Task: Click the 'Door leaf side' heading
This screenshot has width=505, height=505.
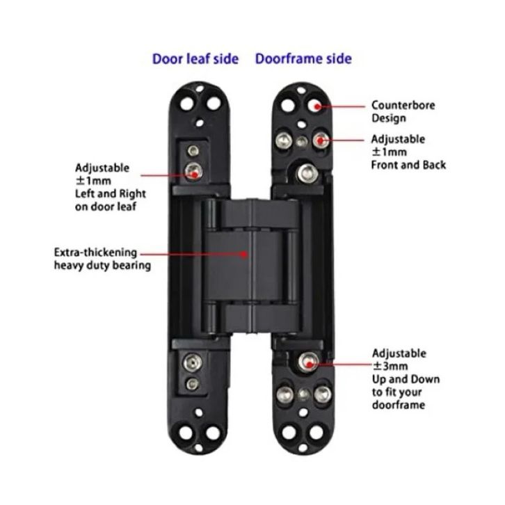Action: pos(195,58)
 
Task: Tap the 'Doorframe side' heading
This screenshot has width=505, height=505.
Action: pos(303,58)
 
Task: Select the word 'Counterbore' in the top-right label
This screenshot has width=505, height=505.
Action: pos(403,106)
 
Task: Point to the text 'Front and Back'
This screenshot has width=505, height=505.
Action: pos(408,165)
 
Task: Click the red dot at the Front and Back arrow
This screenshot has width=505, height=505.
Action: pos(321,141)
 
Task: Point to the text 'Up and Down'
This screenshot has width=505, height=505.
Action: pos(406,379)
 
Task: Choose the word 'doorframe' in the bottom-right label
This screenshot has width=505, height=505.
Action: pos(398,405)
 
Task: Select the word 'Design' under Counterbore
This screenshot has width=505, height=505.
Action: pos(388,118)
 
